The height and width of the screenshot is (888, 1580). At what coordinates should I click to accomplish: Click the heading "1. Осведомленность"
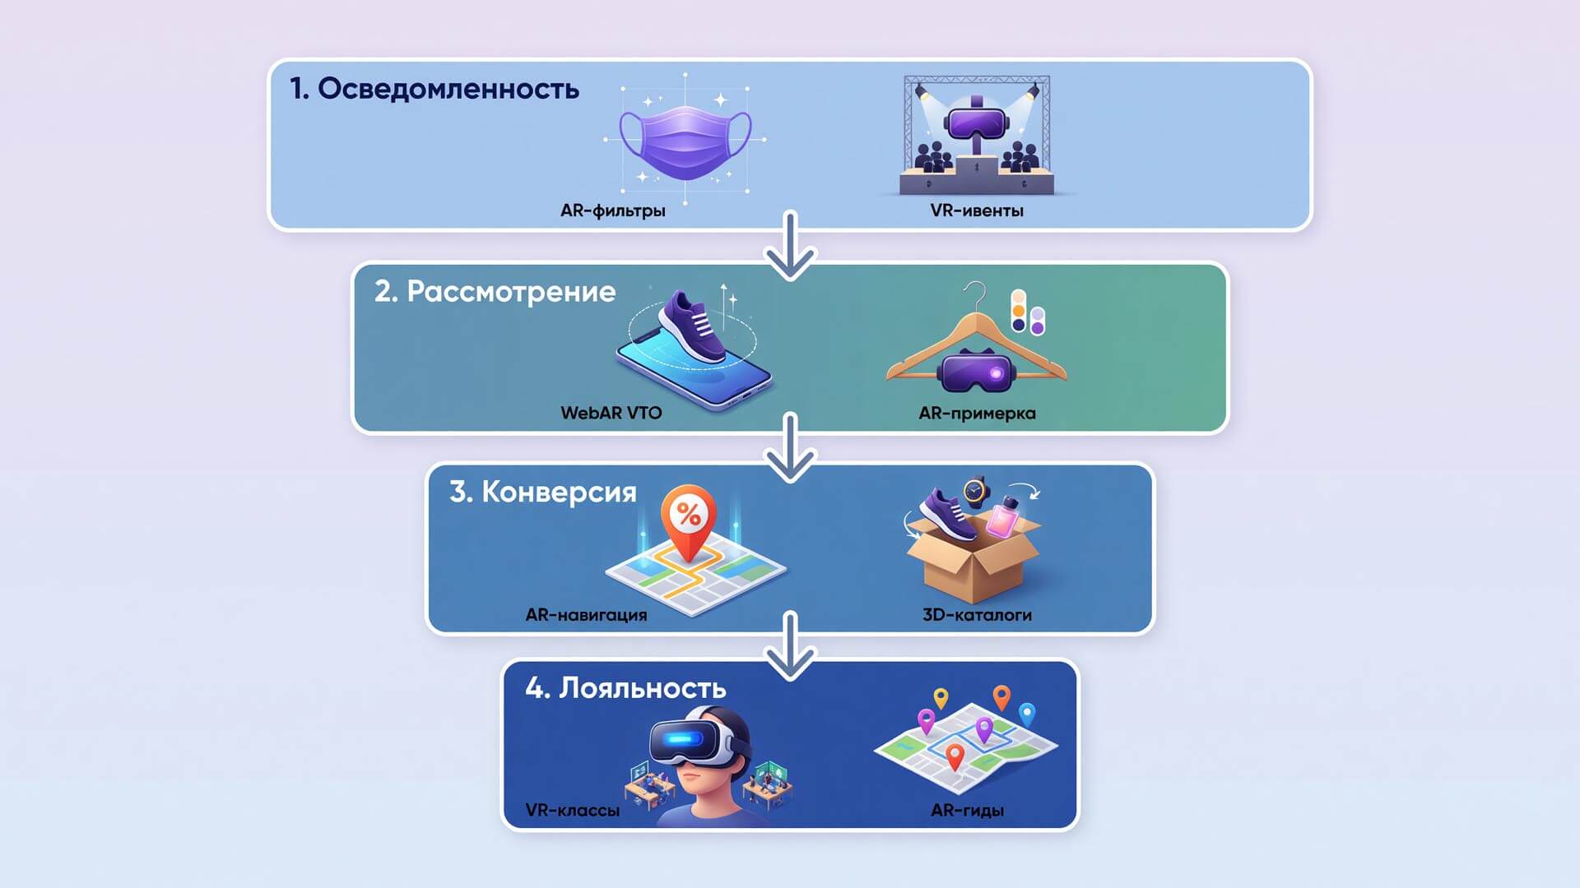[x=434, y=89]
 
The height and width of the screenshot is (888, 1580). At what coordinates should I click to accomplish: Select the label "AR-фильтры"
[x=613, y=210]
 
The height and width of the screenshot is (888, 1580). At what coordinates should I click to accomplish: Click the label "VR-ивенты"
[x=977, y=210]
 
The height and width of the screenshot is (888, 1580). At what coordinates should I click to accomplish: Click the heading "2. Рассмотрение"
[x=495, y=292]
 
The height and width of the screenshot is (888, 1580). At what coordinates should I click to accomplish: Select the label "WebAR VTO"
[x=611, y=413]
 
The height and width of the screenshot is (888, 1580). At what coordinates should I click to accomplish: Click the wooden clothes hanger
[x=977, y=345]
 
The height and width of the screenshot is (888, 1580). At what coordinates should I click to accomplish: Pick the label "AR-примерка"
[x=977, y=414]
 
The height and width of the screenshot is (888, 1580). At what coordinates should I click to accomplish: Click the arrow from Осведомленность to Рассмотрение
[x=791, y=245]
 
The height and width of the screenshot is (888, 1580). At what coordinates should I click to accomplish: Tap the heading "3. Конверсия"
[x=543, y=492]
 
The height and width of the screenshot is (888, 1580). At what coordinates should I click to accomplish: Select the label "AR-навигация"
[x=586, y=615]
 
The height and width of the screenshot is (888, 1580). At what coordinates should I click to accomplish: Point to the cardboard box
[x=972, y=559]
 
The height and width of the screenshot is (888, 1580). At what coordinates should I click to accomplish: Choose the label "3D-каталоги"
[x=977, y=615]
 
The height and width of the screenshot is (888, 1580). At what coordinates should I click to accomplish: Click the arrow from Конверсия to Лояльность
[x=791, y=646]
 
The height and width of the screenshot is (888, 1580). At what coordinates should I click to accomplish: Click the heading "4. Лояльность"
[x=625, y=688]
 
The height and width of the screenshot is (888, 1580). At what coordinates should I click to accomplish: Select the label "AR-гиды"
[x=967, y=811]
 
